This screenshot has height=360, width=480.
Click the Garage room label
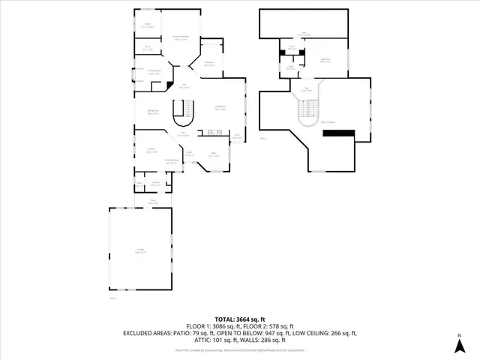140,252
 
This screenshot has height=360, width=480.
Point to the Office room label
213,155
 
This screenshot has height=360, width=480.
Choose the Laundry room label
155,184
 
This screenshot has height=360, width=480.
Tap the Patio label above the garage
153,202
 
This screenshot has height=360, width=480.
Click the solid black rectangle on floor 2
337,133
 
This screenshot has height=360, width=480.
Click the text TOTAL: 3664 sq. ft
239,318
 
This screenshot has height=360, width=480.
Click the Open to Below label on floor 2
328,121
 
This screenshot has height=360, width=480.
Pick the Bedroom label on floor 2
326,60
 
